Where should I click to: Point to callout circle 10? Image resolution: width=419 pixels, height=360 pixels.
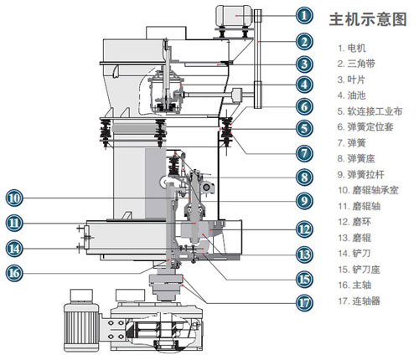14,198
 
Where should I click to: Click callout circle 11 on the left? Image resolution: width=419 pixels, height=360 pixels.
14,224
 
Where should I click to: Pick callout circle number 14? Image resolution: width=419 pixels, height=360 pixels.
14,248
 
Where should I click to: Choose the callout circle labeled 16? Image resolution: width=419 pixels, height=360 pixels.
14,272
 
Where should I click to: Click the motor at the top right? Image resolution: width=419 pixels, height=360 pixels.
235,16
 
